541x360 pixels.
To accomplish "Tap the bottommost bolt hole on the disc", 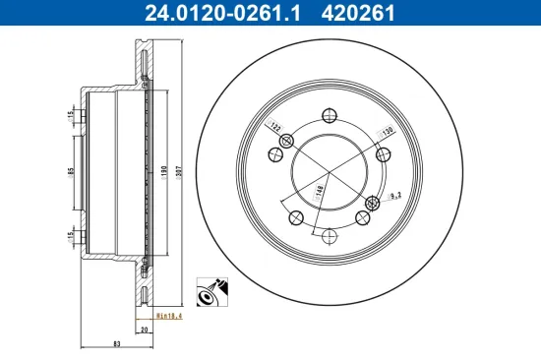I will tap(330, 235).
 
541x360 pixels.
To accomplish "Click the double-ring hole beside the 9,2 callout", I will tap(371, 204).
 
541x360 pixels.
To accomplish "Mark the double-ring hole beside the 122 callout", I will tap(287, 144).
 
